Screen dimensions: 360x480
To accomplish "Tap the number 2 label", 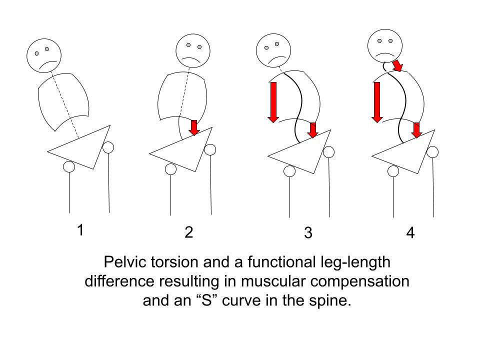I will [188, 232].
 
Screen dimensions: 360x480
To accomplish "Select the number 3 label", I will [308, 233].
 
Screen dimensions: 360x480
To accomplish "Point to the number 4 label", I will [410, 233].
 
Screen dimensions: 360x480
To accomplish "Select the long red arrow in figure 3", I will [272, 102].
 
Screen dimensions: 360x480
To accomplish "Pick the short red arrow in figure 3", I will [312, 130].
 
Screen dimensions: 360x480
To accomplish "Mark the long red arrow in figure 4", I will [377, 102].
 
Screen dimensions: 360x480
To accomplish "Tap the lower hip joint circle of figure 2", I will [170, 169].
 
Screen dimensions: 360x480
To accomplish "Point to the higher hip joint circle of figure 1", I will [108, 147].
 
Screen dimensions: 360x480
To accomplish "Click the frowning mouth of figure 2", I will [192, 59].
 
